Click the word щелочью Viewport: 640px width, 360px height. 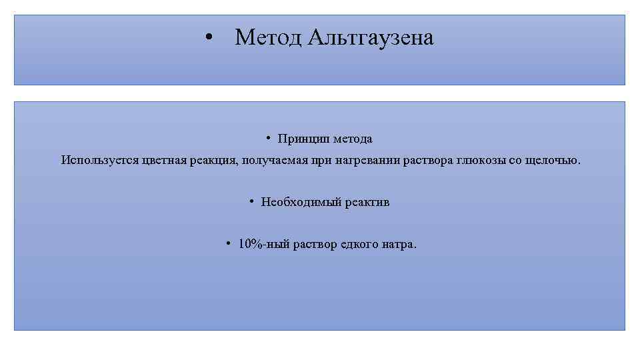[559, 160]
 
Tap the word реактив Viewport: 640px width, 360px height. [367, 202]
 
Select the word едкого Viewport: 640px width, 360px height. [359, 244]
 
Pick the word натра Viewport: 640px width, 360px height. [399, 244]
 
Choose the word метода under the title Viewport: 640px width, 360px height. [351, 139]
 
